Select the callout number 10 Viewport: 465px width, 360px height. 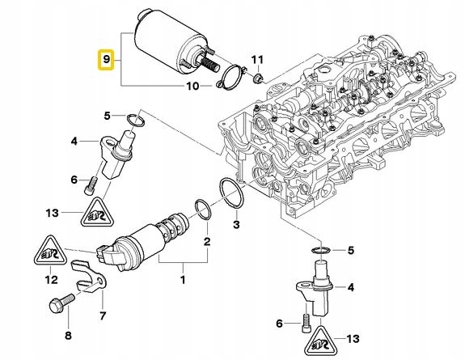(192, 86)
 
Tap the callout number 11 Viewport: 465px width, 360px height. (257, 60)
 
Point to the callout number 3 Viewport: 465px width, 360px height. (236, 224)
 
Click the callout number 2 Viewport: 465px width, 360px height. (206, 241)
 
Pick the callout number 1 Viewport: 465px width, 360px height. (182, 279)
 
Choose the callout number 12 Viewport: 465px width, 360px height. (50, 280)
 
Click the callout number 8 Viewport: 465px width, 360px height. (67, 335)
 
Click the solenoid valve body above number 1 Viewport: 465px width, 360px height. (146, 234)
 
